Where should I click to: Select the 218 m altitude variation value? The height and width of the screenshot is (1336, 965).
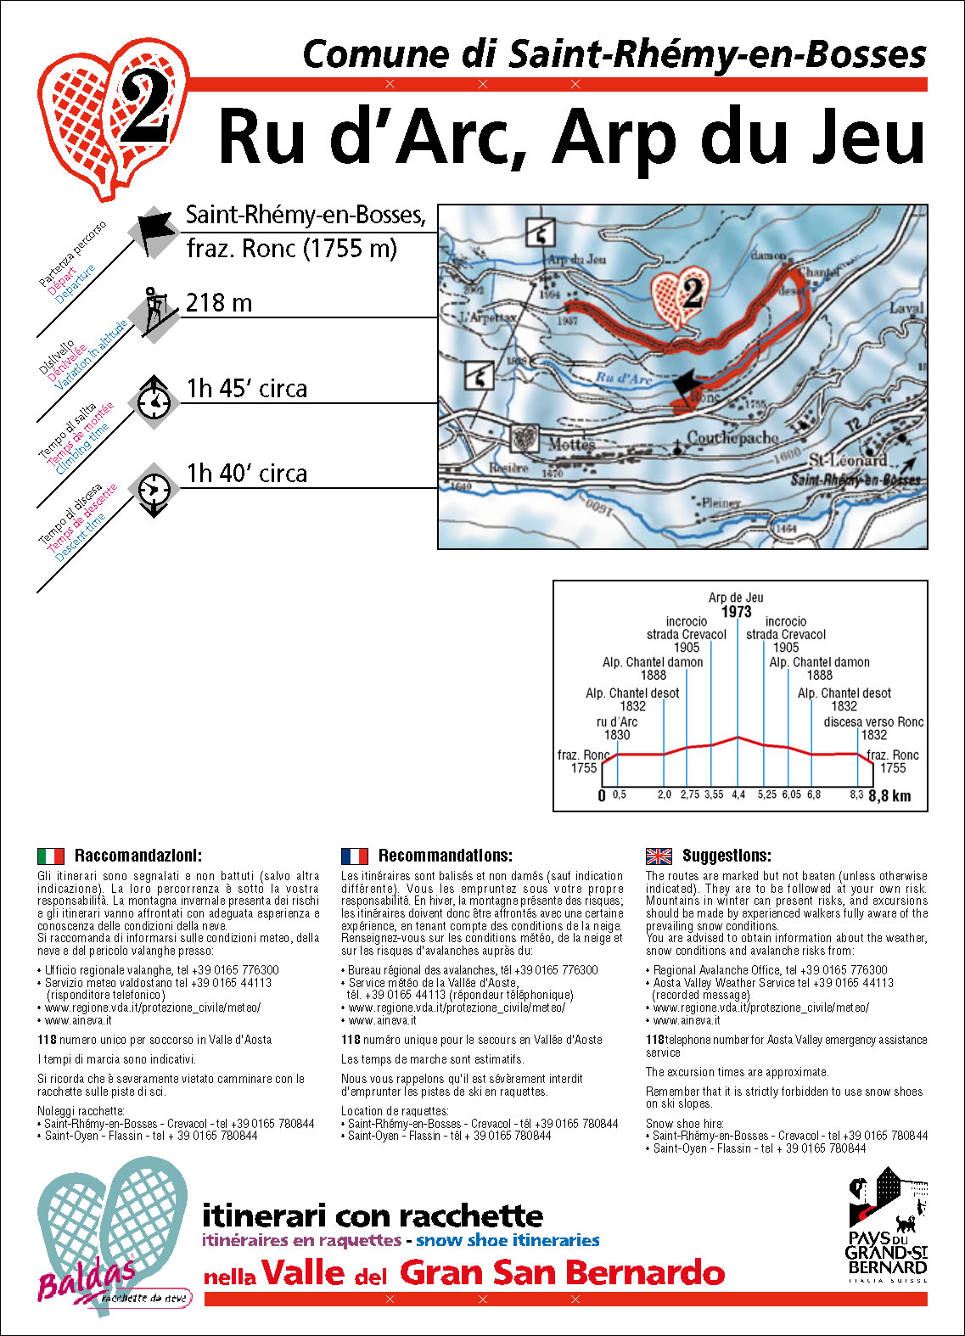pyautogui.click(x=219, y=302)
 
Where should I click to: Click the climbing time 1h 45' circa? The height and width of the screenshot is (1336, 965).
pyautogui.click(x=246, y=389)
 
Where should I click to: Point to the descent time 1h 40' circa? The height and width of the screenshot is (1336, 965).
pyautogui.click(x=246, y=474)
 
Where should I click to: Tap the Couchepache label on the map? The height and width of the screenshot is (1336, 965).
pyautogui.click(x=732, y=438)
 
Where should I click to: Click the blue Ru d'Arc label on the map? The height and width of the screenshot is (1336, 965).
pyautogui.click(x=624, y=379)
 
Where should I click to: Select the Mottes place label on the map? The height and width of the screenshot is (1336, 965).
pyautogui.click(x=571, y=444)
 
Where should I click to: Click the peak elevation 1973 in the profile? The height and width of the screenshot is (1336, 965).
pyautogui.click(x=736, y=612)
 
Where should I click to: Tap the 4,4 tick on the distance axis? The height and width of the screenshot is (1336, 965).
pyautogui.click(x=738, y=795)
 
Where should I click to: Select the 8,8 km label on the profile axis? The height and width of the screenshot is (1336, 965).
pyautogui.click(x=889, y=795)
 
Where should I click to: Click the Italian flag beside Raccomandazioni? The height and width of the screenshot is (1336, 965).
pyautogui.click(x=51, y=856)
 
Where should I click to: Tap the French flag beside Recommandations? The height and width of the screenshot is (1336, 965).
pyautogui.click(x=355, y=856)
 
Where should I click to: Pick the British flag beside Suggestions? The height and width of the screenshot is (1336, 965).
pyautogui.click(x=659, y=856)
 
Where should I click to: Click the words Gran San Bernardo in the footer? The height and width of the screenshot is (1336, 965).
pyautogui.click(x=562, y=1272)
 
